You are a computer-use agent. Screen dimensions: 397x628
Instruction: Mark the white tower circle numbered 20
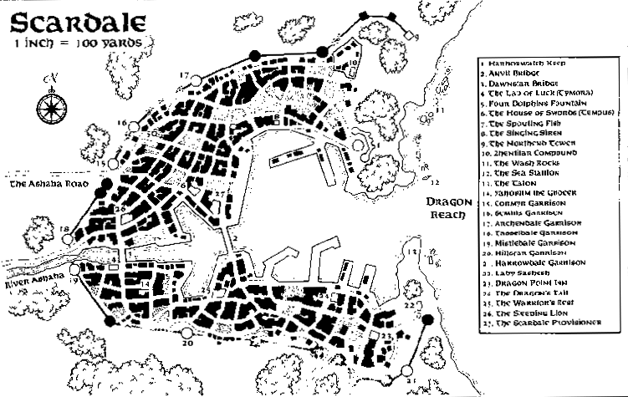[x=186, y=333]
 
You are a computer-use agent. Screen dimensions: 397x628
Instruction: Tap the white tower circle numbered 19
[x=74, y=270]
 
